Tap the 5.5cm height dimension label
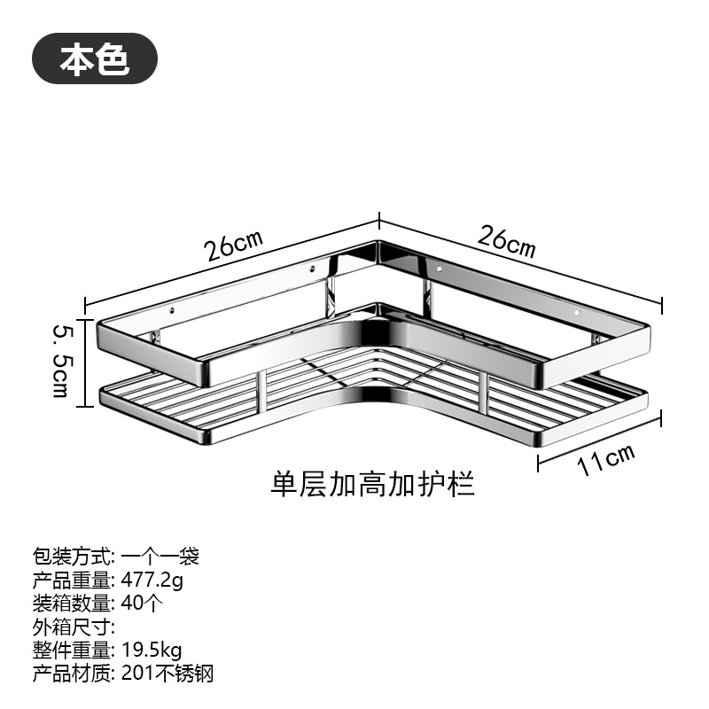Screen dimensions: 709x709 pos(61,362)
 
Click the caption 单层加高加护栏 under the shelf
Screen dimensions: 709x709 pos(372,484)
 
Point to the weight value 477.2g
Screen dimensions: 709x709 pos(151,580)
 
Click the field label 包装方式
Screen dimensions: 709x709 pos(73,557)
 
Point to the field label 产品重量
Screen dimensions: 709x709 pos(73,580)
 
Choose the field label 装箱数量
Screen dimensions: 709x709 pos(73,604)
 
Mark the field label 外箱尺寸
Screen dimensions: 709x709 pos(73,627)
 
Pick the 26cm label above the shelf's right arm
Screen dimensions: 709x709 pos(507,241)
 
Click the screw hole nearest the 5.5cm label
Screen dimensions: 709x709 pos(169,310)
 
